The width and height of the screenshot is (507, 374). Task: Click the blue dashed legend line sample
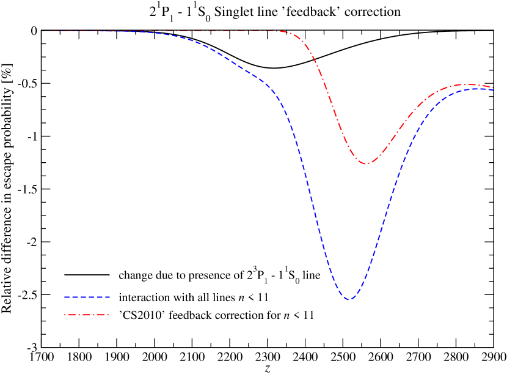pyautogui.click(x=87, y=297)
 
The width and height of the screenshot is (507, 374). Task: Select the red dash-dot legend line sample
pyautogui.click(x=87, y=315)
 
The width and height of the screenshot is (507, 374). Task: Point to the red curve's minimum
pyautogui.click(x=367, y=163)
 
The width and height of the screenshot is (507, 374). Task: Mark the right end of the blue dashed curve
pyautogui.click(x=493, y=91)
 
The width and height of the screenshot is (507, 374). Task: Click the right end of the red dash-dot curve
pyautogui.click(x=493, y=87)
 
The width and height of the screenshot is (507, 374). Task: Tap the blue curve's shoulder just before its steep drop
pyautogui.click(x=272, y=89)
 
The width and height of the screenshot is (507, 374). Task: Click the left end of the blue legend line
pyautogui.click(x=65, y=297)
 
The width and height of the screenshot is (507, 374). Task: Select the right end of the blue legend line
pyautogui.click(x=109, y=297)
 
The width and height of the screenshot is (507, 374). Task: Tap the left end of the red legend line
pyautogui.click(x=65, y=315)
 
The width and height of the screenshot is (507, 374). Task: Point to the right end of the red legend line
pyautogui.click(x=109, y=315)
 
